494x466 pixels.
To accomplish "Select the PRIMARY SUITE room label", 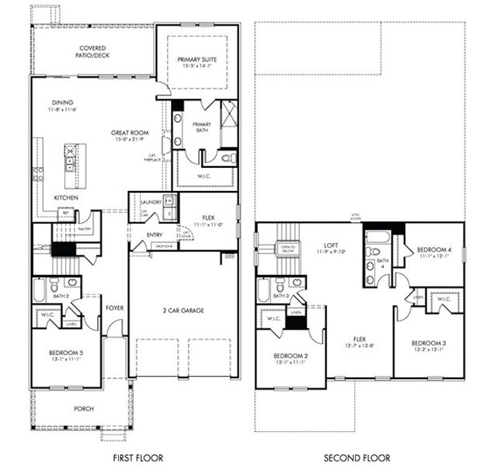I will [x=197, y=59].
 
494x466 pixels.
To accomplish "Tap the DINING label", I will [x=64, y=102].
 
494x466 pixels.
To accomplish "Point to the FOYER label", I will [x=115, y=307].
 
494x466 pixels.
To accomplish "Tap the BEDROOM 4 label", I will [x=433, y=249].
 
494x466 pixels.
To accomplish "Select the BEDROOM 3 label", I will [x=427, y=343].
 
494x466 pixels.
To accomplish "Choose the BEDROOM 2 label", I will [x=290, y=356].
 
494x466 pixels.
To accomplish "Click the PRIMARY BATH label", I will [x=202, y=127].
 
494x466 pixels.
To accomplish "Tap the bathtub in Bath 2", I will [x=40, y=292].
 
